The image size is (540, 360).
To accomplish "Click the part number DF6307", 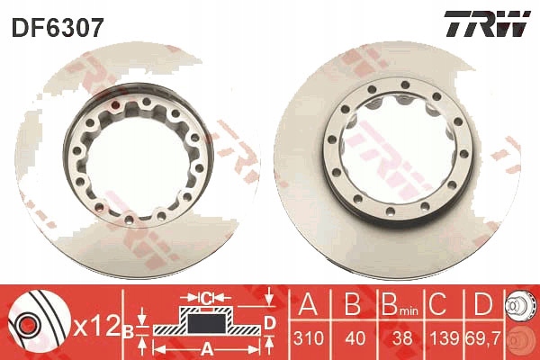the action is [x=58, y=28].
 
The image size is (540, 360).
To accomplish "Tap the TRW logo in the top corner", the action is [x=487, y=23].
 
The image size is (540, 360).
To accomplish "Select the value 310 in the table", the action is [x=309, y=338].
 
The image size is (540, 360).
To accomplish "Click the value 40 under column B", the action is [x=355, y=338].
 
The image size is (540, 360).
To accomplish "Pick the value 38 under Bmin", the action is [x=402, y=338].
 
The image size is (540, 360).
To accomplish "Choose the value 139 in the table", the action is [x=444, y=338].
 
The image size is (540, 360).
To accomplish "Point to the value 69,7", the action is [x=484, y=338].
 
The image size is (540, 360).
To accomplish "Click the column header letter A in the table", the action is [x=308, y=304].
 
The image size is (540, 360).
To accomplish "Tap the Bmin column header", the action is [x=400, y=304].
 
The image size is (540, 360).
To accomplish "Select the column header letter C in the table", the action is [x=438, y=304].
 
